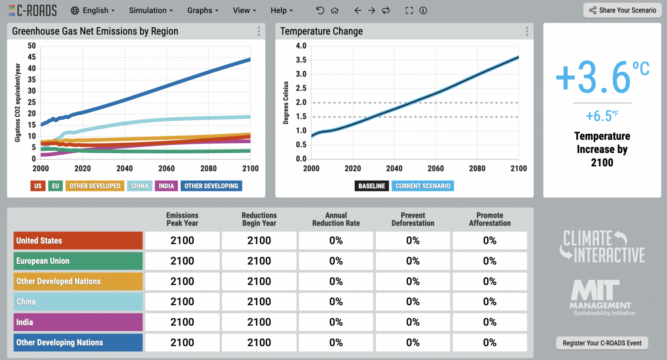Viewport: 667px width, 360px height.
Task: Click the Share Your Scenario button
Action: pos(622,10)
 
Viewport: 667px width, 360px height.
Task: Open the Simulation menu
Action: pos(150,10)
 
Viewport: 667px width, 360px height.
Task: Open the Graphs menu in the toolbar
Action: pos(202,10)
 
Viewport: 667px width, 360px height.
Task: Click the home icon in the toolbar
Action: pos(334,10)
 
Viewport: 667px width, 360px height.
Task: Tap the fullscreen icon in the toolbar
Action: pos(409,10)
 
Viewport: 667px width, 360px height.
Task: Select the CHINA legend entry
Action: pos(139,186)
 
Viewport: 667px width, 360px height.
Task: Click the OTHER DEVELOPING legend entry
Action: pos(211,186)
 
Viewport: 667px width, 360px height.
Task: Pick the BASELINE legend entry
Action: pos(372,186)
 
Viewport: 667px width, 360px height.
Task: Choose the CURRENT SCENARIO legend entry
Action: pos(423,186)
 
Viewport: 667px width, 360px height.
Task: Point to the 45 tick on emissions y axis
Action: pos(32,57)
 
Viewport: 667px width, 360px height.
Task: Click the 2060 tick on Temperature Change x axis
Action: pos(436,168)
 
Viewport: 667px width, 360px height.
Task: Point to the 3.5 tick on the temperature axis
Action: pos(301,60)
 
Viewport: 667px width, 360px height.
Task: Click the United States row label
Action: pos(78,241)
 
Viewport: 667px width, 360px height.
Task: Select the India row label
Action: pos(78,322)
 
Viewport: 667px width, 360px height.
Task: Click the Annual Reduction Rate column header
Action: pos(336,219)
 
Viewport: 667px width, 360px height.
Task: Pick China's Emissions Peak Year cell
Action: pos(182,302)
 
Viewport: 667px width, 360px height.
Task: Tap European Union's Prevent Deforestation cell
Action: pos(413,261)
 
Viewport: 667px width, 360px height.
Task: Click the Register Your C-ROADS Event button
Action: pos(602,343)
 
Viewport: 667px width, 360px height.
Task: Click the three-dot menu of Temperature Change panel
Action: pos(527,31)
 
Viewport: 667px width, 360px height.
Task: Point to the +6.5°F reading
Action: pos(602,116)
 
